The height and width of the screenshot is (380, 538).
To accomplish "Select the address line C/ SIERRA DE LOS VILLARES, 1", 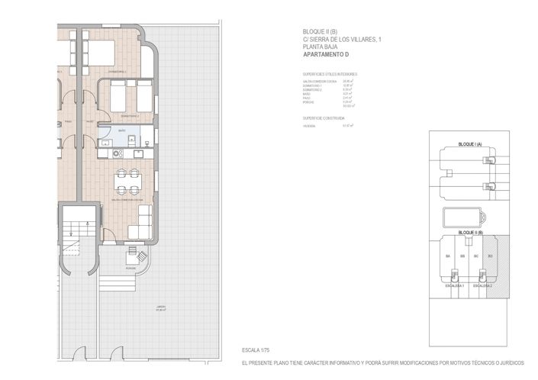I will (x=339, y=40).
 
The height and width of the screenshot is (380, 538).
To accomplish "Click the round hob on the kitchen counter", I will (x=117, y=153).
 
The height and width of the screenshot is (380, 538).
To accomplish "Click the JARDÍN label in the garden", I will (x=161, y=308).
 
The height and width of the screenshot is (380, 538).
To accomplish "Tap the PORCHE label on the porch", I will (x=131, y=268).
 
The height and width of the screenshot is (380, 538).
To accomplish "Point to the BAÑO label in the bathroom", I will (x=121, y=130).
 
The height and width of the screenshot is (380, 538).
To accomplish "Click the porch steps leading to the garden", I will (x=118, y=283).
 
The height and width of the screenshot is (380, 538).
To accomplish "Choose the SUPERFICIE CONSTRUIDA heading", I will (x=324, y=118).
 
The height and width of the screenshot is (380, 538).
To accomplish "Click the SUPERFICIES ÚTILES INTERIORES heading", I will (x=330, y=74).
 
